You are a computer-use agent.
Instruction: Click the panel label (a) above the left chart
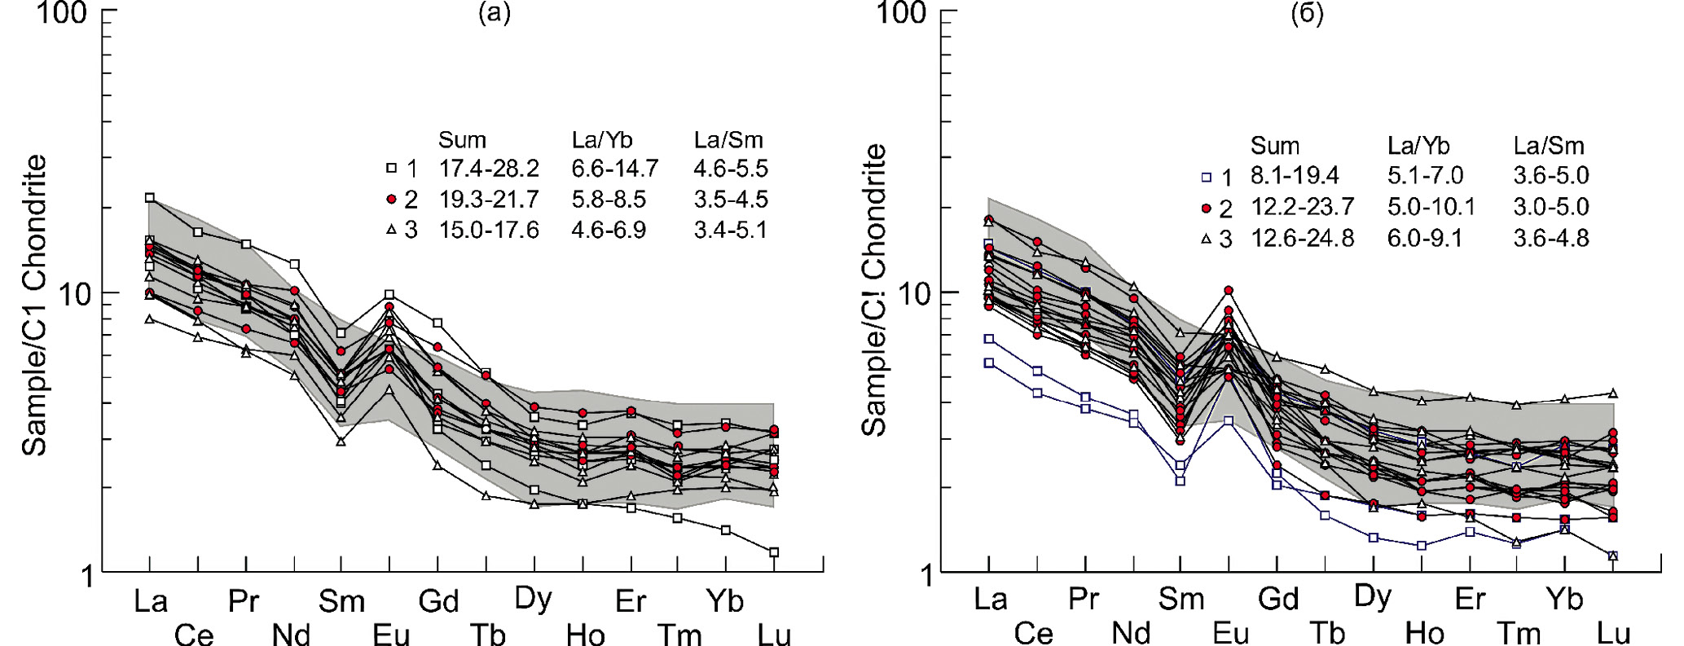click(x=494, y=14)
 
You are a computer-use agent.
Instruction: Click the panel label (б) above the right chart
click(x=1308, y=14)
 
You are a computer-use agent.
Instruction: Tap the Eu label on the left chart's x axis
click(x=390, y=634)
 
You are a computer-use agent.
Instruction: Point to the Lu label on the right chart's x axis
click(x=1613, y=633)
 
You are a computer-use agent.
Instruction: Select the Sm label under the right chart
click(x=1181, y=599)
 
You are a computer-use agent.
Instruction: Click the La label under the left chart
click(x=151, y=601)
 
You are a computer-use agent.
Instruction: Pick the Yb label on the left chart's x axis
click(x=725, y=601)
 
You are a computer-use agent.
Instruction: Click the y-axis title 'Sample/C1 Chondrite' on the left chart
click(x=34, y=305)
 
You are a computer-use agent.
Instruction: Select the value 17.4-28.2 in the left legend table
click(x=489, y=169)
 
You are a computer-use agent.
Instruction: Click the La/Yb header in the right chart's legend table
click(x=1418, y=146)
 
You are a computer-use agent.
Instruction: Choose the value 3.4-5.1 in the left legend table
click(x=731, y=230)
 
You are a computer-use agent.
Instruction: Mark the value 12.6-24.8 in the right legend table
click(x=1302, y=239)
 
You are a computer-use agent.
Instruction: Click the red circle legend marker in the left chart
click(x=391, y=200)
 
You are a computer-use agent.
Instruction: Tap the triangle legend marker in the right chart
click(x=1206, y=239)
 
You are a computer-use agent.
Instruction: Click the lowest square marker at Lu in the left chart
click(x=774, y=552)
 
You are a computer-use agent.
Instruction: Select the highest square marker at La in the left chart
click(x=150, y=198)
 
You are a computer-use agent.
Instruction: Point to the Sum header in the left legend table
click(x=462, y=140)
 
